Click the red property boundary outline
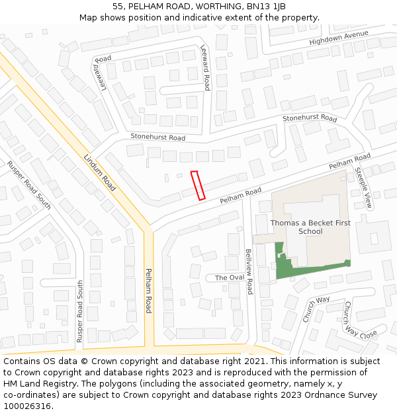coord(198,185)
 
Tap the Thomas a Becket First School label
coord(310,227)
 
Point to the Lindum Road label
coord(100,172)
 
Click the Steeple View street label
coord(364,188)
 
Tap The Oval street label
coord(229,278)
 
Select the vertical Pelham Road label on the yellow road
coord(149,291)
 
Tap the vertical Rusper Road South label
coord(80,311)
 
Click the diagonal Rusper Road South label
coord(29,184)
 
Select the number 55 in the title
coord(118,6)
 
